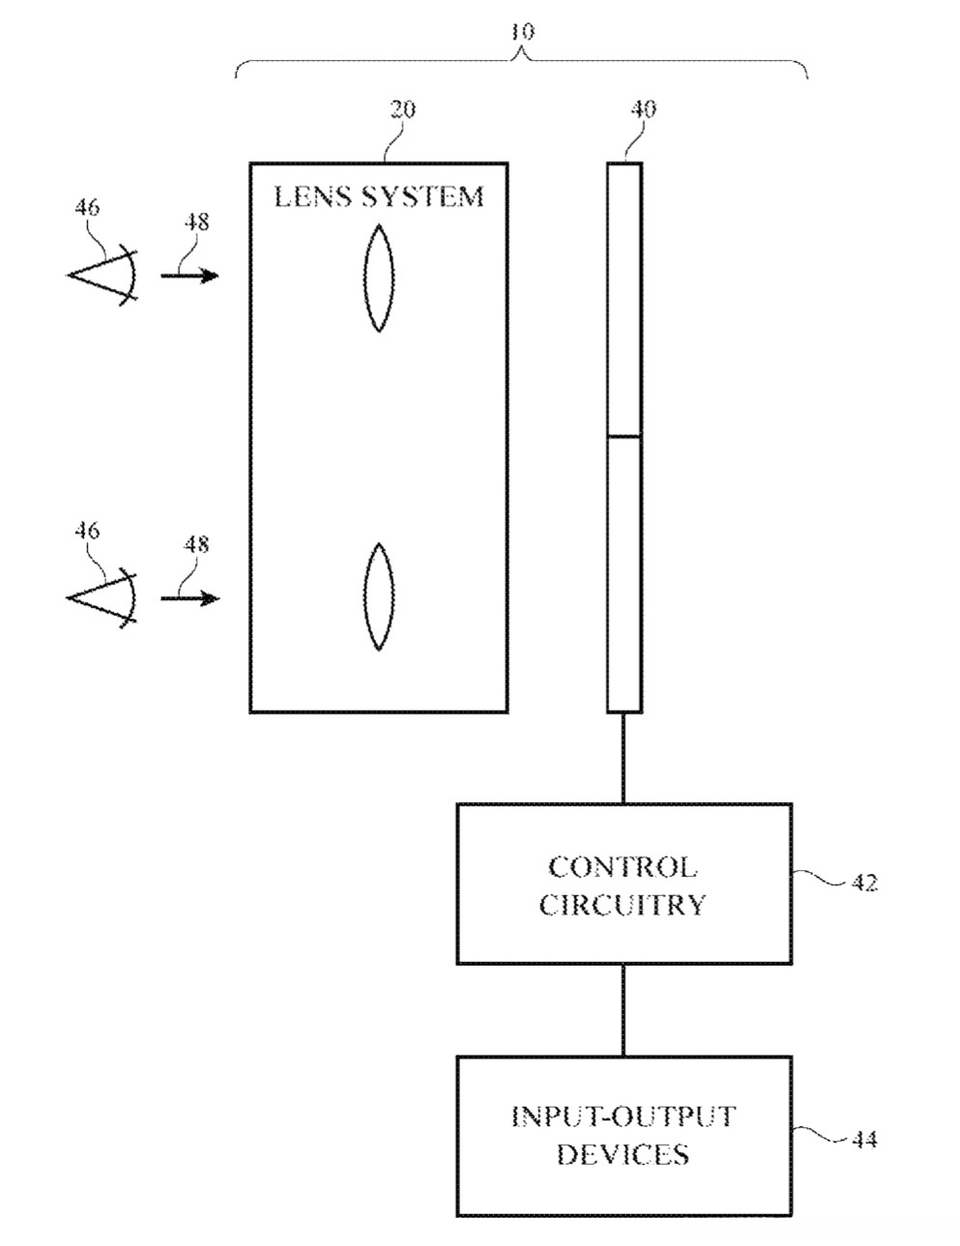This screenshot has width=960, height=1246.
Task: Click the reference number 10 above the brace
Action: pyautogui.click(x=522, y=32)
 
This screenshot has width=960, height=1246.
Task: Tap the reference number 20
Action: pyautogui.click(x=402, y=109)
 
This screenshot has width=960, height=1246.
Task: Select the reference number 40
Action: pyautogui.click(x=643, y=108)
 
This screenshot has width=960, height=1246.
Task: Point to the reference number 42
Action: pyautogui.click(x=864, y=883)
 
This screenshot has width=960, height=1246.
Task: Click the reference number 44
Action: pyautogui.click(x=864, y=1140)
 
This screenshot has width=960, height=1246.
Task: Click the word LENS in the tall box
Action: pyautogui.click(x=312, y=196)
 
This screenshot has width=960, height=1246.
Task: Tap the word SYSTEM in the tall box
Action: pyautogui.click(x=422, y=196)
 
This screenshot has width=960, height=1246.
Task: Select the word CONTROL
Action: pyautogui.click(x=623, y=867)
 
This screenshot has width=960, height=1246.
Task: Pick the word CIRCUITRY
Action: pyautogui.click(x=623, y=905)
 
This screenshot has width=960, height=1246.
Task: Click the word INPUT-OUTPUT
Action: pyautogui.click(x=624, y=1116)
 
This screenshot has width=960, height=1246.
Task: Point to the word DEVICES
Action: pyautogui.click(x=624, y=1153)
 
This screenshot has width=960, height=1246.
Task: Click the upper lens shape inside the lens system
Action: pyautogui.click(x=379, y=278)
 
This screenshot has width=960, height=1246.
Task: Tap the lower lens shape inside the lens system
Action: pyautogui.click(x=379, y=597)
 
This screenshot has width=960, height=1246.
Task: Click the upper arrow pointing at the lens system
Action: pyautogui.click(x=189, y=275)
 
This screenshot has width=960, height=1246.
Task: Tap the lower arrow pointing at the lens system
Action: pyautogui.click(x=189, y=598)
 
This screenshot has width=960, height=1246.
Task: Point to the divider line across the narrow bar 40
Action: pyautogui.click(x=624, y=437)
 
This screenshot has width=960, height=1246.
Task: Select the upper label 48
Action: pyautogui.click(x=196, y=222)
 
